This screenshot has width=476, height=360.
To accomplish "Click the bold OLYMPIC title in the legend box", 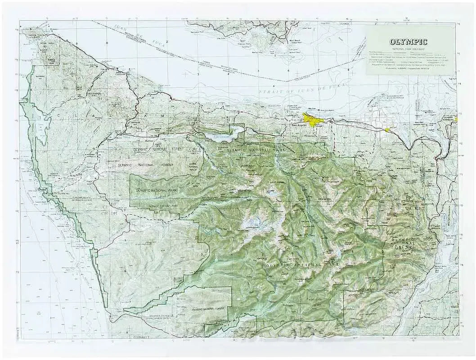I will pyautogui.click(x=409, y=42).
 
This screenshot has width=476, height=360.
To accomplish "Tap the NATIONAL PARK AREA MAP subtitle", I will pyautogui.click(x=409, y=48).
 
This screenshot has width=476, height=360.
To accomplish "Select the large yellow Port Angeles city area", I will pyautogui.click(x=312, y=119).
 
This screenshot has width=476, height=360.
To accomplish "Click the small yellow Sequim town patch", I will pyautogui.click(x=387, y=130).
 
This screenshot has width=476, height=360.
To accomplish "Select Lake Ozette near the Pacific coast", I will pyautogui.click(x=41, y=128).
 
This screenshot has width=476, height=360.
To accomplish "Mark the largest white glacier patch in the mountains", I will pyautogui.click(x=252, y=223).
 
